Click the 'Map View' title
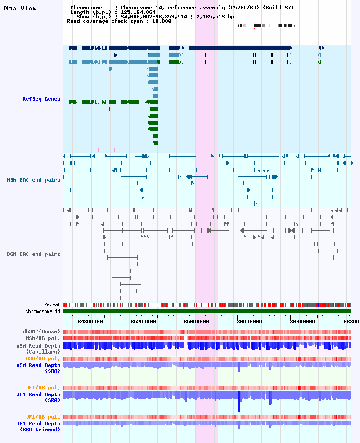[20, 9]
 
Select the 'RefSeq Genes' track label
[41, 99]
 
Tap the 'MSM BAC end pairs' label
[34, 180]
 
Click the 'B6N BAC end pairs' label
[34, 254]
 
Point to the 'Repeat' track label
[52, 305]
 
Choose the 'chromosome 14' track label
[43, 311]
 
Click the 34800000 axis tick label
[90, 322]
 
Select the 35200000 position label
[143, 322]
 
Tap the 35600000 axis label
[196, 322]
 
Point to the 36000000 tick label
[249, 322]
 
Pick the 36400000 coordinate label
[303, 322]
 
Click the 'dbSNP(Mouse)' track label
[41, 331]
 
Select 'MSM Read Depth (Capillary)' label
[38, 349]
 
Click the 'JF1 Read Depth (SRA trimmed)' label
[38, 427]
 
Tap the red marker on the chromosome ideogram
[254, 26]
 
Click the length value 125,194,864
[138, 13]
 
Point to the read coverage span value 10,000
[162, 22]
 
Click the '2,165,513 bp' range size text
[215, 17]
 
